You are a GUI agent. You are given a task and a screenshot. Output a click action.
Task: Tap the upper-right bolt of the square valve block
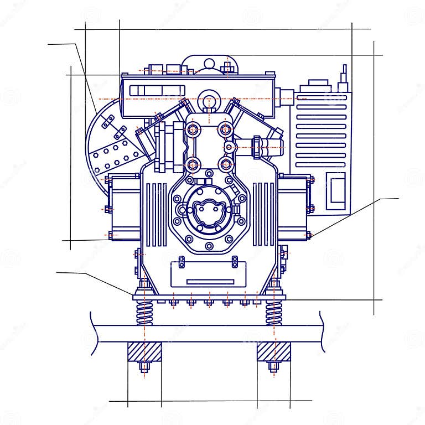(x=225, y=130)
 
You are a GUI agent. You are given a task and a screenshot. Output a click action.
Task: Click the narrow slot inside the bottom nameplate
(x=210, y=282)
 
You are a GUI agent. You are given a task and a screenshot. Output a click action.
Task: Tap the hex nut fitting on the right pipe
(x=258, y=147)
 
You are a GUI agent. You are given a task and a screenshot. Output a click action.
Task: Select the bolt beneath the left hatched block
(x=144, y=366)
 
